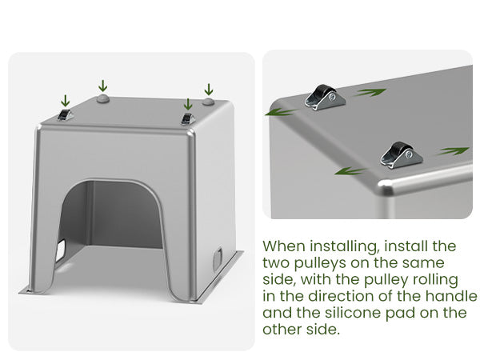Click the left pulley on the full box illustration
[65, 114]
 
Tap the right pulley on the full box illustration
[188, 118]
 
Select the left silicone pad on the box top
[103, 98]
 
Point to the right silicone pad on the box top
[208, 102]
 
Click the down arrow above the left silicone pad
[103, 86]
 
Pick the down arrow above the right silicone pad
[209, 90]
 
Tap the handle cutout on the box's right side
[218, 259]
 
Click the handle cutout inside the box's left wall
[60, 251]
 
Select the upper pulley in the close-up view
[325, 98]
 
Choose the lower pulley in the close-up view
[402, 155]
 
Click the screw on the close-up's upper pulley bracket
[333, 98]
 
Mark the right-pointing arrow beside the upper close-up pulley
[369, 92]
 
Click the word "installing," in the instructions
[345, 246]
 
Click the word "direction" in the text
[341, 296]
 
